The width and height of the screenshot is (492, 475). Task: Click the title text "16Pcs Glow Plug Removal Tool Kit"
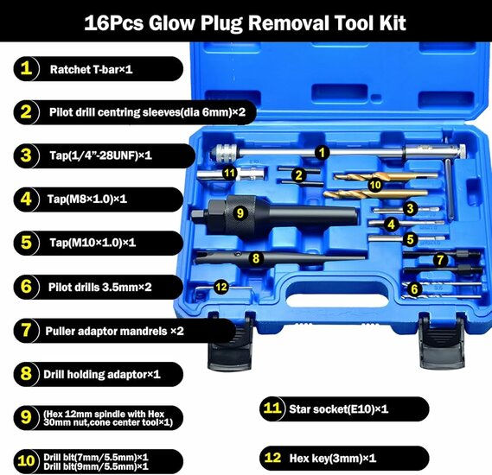point(246,21)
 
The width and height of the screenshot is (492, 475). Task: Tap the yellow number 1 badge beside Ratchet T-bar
point(27,68)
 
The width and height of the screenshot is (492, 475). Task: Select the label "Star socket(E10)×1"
point(357,408)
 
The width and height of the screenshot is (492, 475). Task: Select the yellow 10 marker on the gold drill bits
point(374,184)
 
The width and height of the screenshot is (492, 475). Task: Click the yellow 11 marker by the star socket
point(228,174)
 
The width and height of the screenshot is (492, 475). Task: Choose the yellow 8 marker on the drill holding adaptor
point(255,257)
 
